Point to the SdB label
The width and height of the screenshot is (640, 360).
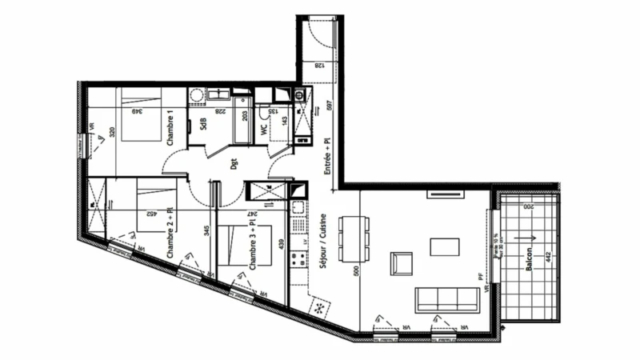pyautogui.click(x=204, y=126)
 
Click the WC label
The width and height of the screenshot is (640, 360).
pyautogui.click(x=263, y=127)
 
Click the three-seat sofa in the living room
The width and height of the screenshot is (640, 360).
pyautogui.click(x=446, y=299)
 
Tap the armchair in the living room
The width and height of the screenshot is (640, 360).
pyautogui.click(x=402, y=263)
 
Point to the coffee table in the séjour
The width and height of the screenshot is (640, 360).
pyautogui.click(x=445, y=246)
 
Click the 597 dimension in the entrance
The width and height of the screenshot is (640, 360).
pyautogui.click(x=328, y=106)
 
